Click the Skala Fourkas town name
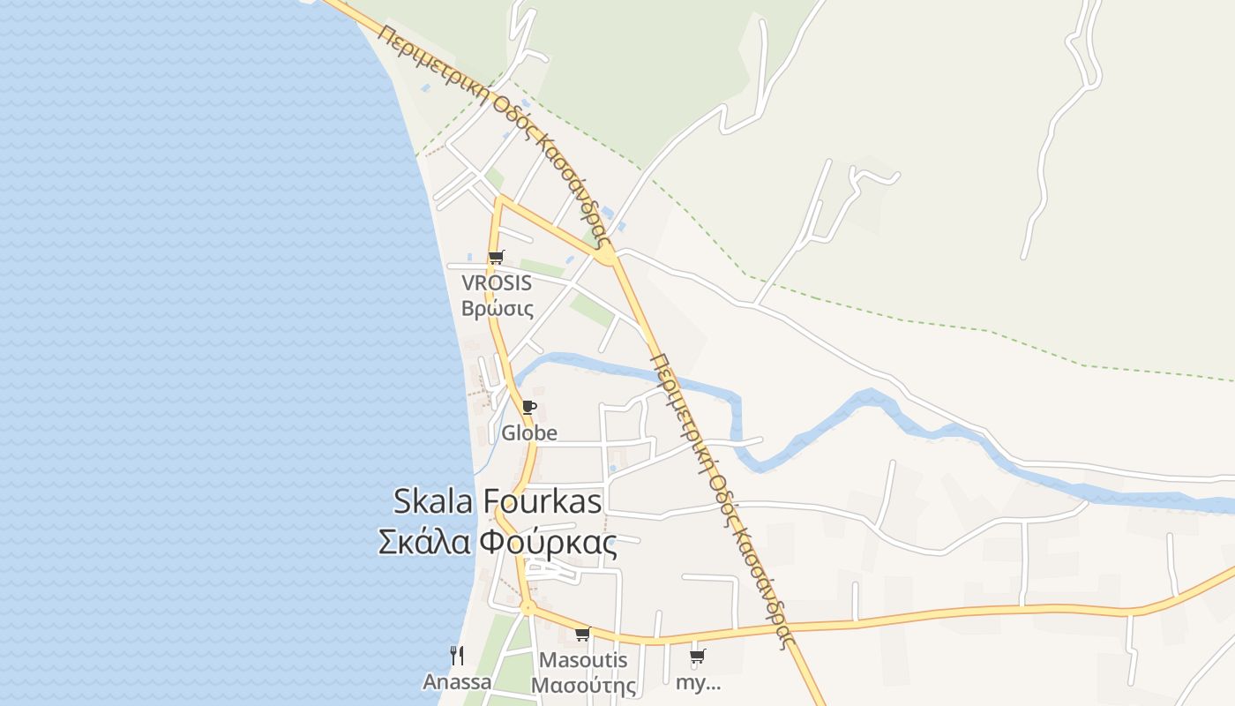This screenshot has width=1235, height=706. (x=497, y=501)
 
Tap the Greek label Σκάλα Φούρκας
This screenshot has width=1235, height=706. (x=497, y=542)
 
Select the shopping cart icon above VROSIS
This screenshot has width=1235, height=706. (x=496, y=258)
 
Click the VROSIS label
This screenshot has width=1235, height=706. (x=497, y=283)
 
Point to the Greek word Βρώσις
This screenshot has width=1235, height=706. (x=497, y=309)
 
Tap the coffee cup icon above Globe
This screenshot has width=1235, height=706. (x=528, y=407)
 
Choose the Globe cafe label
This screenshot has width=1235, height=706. (x=529, y=432)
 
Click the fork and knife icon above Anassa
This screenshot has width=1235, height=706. (x=456, y=656)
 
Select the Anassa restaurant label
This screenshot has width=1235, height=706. (x=456, y=682)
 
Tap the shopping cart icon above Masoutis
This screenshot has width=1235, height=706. (x=582, y=635)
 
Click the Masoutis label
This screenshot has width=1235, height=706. (x=583, y=660)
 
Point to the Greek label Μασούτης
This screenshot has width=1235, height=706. (x=583, y=686)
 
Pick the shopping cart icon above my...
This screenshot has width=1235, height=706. (x=697, y=657)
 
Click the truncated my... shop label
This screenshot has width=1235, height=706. (x=698, y=682)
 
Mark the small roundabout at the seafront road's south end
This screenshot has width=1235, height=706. (x=527, y=607)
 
